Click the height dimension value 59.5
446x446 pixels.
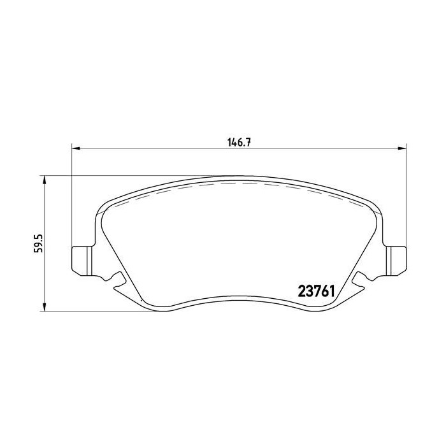click(x=39, y=243)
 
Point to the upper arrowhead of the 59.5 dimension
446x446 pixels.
click(x=43, y=181)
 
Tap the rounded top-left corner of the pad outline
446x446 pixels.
click(x=102, y=207)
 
